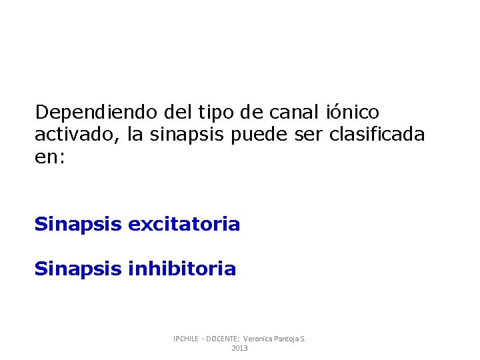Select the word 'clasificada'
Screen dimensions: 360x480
coord(377,135)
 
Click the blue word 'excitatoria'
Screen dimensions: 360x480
coord(183,225)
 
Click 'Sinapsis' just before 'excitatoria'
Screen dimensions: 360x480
coord(78,225)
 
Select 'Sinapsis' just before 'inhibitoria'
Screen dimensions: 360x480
coord(78,269)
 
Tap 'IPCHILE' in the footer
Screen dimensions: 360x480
coord(187,339)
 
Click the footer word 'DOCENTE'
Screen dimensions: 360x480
coord(223,339)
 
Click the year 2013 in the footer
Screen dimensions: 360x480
coord(239,349)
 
